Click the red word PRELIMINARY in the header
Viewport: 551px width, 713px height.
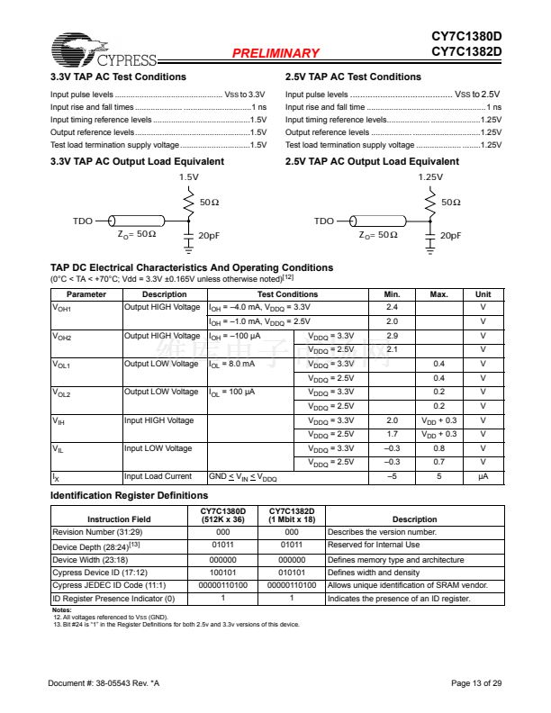tap(275, 53)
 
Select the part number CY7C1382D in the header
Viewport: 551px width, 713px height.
tap(465, 51)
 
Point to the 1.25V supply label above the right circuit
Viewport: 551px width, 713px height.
tap(431, 177)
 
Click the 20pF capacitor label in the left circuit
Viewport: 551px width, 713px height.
tap(209, 235)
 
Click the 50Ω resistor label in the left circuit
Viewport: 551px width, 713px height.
tap(209, 203)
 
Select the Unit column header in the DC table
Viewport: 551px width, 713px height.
tap(483, 294)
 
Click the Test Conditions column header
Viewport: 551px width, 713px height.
tap(287, 294)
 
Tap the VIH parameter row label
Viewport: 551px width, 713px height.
tap(59, 420)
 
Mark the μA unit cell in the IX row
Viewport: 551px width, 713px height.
tap(483, 476)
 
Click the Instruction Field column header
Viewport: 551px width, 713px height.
tap(119, 519)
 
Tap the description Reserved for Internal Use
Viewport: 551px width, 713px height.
tap(374, 545)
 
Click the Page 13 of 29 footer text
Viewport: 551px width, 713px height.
tap(476, 684)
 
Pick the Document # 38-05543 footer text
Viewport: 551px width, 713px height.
tap(104, 684)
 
